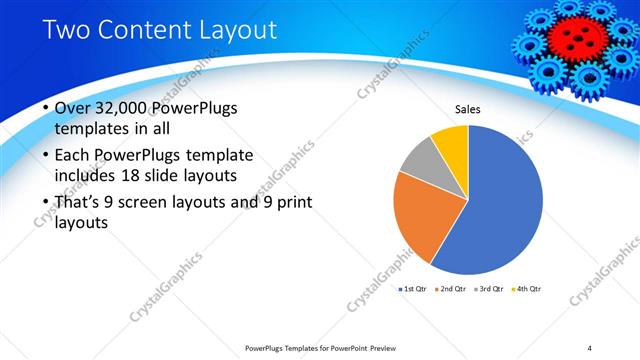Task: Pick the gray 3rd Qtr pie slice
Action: coord(421,160)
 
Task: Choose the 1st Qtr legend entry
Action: coord(413,289)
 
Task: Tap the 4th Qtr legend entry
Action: coord(527,289)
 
